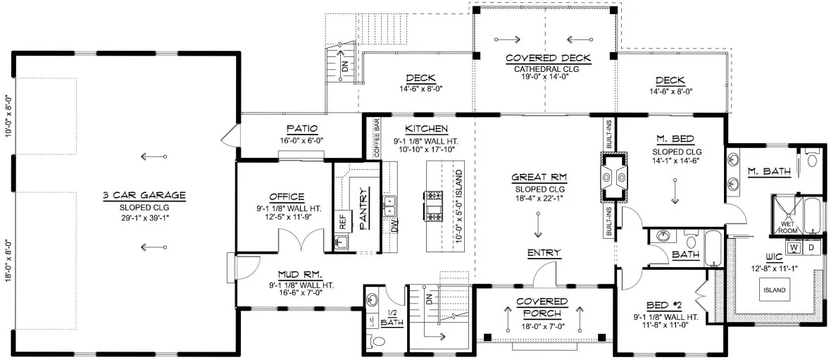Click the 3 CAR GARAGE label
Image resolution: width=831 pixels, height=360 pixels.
pos(143,194)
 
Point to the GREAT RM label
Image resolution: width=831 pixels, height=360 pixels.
pos(539,178)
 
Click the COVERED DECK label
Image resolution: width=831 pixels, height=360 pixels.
pos(548,58)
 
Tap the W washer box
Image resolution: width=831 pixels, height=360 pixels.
pos(794,248)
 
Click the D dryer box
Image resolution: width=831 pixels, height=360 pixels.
pos(811,248)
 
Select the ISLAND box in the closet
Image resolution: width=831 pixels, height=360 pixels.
pos(772,290)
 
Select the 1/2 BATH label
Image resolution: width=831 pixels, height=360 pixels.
pos(389,318)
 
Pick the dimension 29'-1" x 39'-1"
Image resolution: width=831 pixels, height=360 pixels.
pos(143,217)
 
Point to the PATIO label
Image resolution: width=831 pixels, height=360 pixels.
pos(301,129)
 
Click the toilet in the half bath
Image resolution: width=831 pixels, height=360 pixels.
pos(378,342)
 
